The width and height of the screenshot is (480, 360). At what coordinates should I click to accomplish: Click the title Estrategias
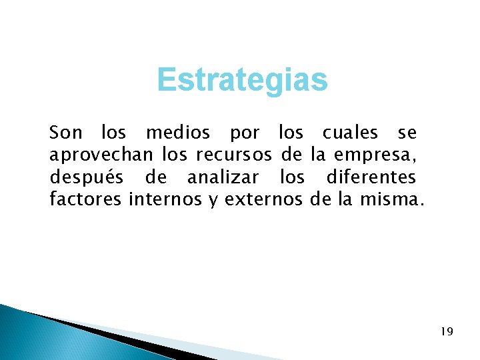point(243,81)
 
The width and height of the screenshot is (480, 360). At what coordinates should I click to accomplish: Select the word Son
point(65,133)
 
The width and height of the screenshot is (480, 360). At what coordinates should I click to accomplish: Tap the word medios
point(177,133)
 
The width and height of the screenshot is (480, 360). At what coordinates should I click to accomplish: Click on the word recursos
point(233,156)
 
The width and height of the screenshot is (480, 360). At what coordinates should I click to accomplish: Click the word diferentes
point(371,179)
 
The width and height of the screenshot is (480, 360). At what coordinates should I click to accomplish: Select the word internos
point(165,200)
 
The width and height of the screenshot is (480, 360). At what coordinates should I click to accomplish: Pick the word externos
point(264,200)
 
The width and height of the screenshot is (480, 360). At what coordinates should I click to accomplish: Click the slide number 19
point(447,331)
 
